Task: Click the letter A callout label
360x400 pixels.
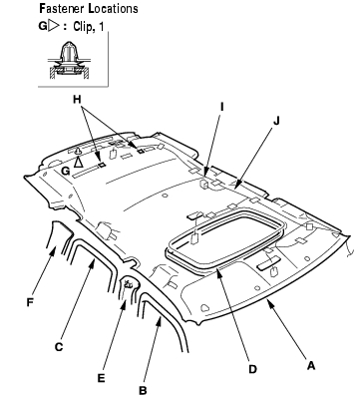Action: pyautogui.click(x=310, y=366)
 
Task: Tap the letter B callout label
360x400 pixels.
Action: pyautogui.click(x=143, y=390)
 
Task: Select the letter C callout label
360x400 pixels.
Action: pyautogui.click(x=59, y=347)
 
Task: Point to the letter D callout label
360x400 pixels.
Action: pyautogui.click(x=252, y=369)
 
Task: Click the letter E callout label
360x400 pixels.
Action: pyautogui.click(x=101, y=378)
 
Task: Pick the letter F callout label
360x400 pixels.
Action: pyautogui.click(x=30, y=303)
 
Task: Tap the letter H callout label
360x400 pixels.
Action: pyautogui.click(x=77, y=99)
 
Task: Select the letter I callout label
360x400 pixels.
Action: pyautogui.click(x=222, y=107)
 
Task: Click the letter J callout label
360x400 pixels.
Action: pyautogui.click(x=276, y=121)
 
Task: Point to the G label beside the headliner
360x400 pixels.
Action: pyautogui.click(x=66, y=171)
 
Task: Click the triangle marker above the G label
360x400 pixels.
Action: pyautogui.click(x=78, y=163)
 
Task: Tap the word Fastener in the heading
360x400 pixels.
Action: pyautogui.click(x=62, y=8)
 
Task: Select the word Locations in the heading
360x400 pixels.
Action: pyautogui.click(x=113, y=8)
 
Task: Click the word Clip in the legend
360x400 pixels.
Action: pyautogui.click(x=82, y=27)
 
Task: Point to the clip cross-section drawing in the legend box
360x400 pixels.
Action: pyautogui.click(x=68, y=61)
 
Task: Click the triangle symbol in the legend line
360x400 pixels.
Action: pyautogui.click(x=54, y=26)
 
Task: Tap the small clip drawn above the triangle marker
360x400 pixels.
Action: pyautogui.click(x=78, y=152)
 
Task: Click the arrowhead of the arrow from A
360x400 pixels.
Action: pyautogui.click(x=270, y=302)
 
